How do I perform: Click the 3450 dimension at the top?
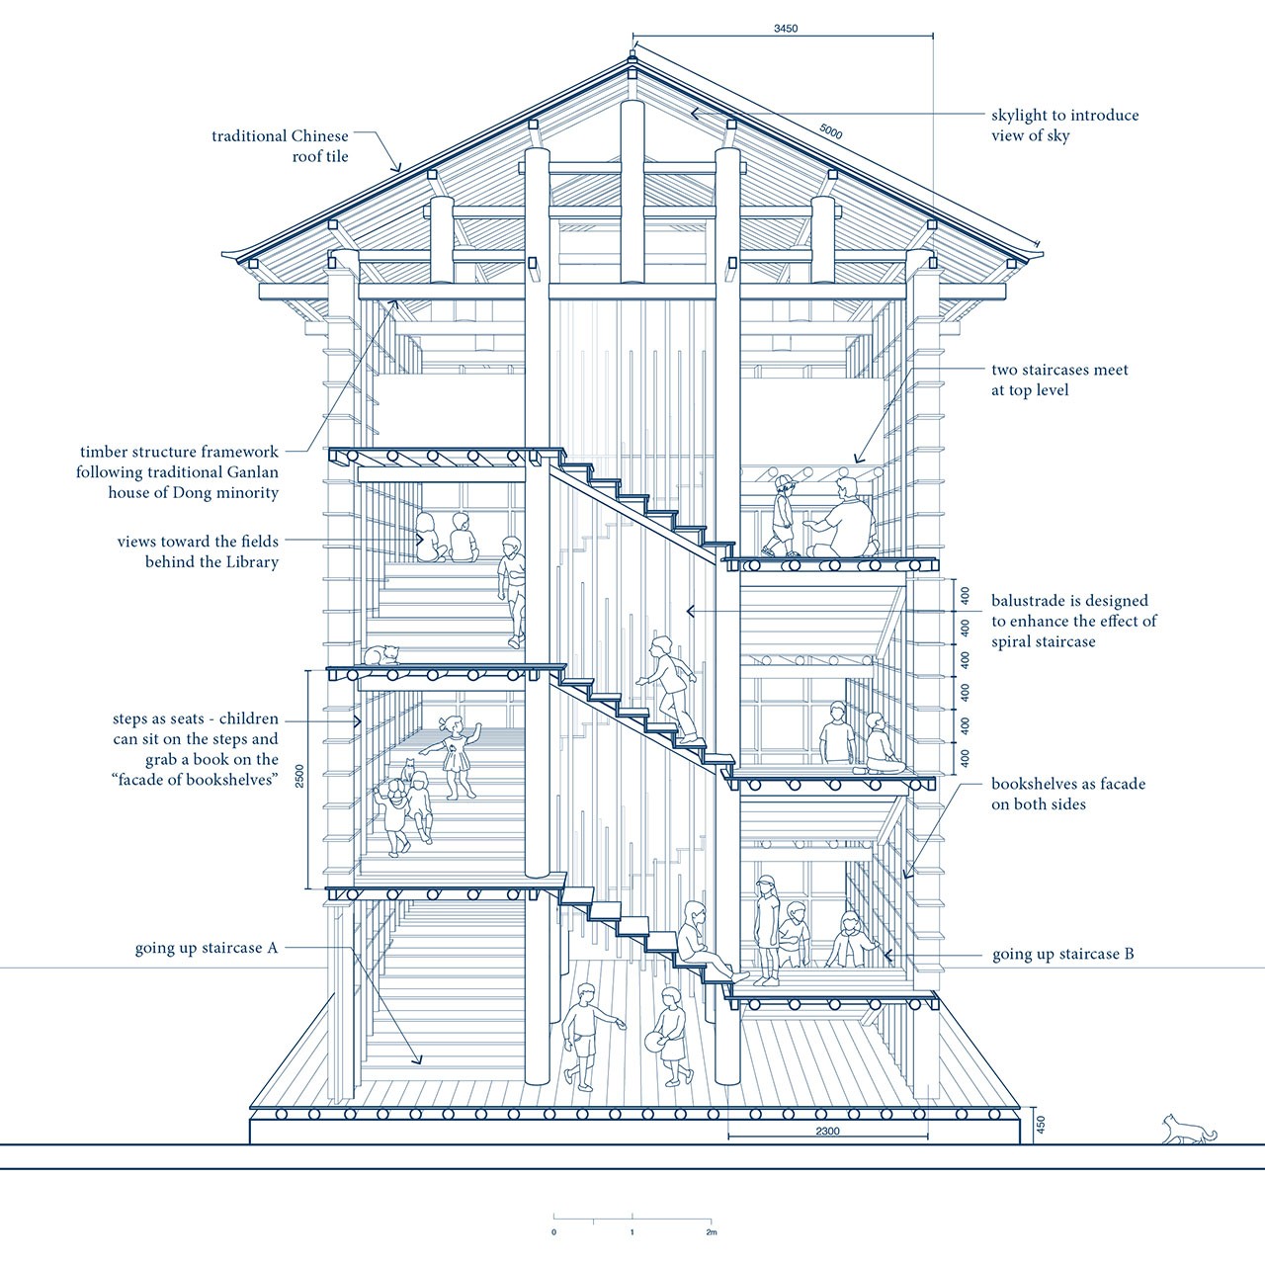click(786, 29)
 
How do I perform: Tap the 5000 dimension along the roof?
click(830, 131)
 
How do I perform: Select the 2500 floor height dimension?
click(299, 778)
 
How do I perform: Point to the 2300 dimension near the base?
click(827, 1131)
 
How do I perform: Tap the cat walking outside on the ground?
click(1189, 1128)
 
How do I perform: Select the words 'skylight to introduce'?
click(1064, 115)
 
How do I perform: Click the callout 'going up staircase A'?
click(207, 948)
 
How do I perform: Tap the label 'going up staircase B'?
click(1062, 954)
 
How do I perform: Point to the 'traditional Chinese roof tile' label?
click(280, 145)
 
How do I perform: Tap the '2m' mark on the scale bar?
click(711, 1231)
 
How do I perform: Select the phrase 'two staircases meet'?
click(1059, 370)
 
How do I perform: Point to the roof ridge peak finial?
click(632, 56)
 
